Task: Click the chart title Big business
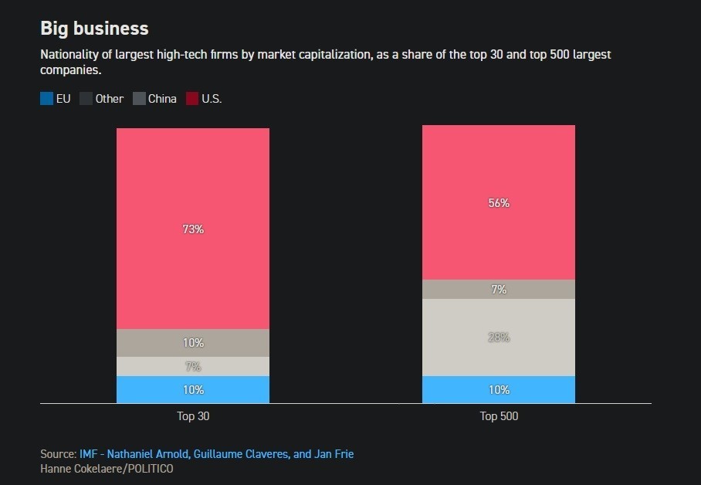coord(94,29)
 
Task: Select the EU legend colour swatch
coord(47,99)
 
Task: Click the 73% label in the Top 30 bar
coord(193,229)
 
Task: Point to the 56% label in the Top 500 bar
coord(499,203)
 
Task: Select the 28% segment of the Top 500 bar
coord(499,337)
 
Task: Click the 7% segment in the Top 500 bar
coord(499,290)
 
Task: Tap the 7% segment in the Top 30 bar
coord(193,367)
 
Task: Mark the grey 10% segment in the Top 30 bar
coord(193,343)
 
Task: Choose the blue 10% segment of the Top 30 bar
coord(193,390)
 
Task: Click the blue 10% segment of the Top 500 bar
coord(499,390)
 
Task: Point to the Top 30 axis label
coord(193,417)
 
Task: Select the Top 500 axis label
coord(499,417)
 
